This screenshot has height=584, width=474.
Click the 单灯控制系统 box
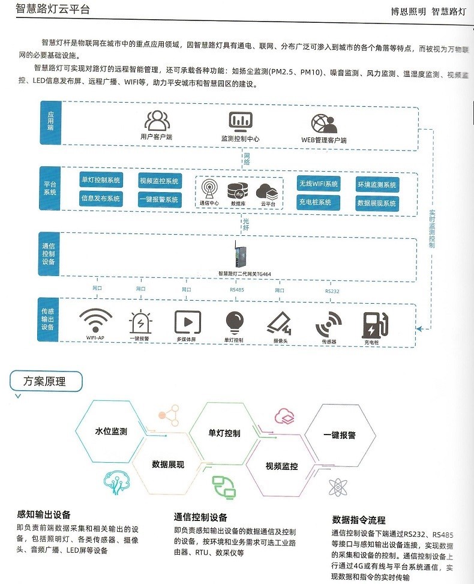click(100, 180)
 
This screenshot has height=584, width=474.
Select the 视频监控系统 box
click(159, 181)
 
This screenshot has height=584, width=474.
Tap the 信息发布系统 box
click(100, 199)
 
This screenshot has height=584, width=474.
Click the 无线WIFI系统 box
click(319, 184)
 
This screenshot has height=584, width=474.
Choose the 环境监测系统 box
click(377, 185)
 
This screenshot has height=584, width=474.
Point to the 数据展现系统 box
click(377, 203)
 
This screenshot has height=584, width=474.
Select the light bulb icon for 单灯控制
click(235, 323)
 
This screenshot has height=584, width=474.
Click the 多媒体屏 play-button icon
click(187, 322)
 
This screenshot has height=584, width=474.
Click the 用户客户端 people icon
click(157, 121)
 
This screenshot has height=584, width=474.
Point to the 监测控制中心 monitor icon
click(240, 122)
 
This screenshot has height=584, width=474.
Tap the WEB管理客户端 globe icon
click(323, 123)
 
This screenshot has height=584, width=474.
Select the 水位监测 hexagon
click(110, 431)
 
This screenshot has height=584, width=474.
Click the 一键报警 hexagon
click(340, 435)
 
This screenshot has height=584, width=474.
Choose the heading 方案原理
click(44, 381)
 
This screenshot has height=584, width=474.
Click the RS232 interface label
click(332, 291)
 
